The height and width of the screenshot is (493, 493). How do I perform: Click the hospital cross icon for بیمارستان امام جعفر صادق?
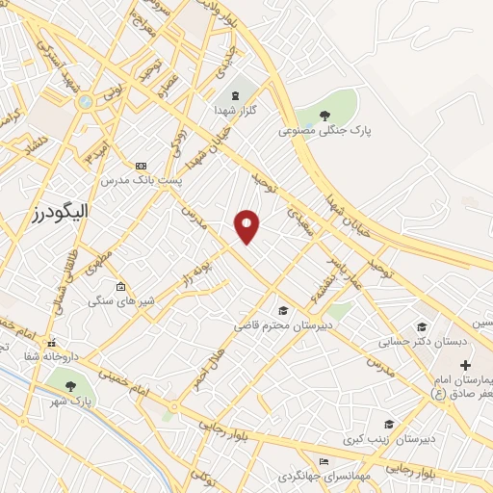(466, 366)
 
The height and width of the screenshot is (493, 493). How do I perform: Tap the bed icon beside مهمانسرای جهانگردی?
(323, 462)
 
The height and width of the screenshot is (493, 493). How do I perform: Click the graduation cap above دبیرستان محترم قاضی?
(283, 310)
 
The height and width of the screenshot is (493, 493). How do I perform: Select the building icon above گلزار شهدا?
(235, 96)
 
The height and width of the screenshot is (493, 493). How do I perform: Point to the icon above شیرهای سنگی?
(120, 287)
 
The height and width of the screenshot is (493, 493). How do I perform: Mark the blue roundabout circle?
(85, 101)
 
